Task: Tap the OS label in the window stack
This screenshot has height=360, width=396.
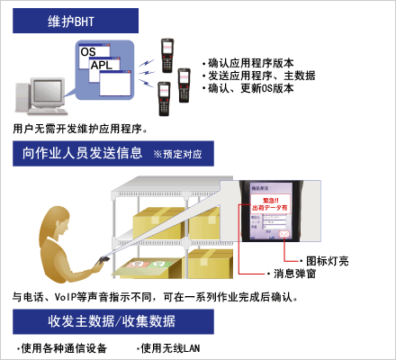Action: pos(88,52)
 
